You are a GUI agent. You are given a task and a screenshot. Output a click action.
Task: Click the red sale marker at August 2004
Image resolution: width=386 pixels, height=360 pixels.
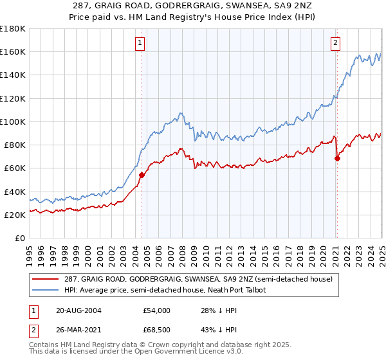142,175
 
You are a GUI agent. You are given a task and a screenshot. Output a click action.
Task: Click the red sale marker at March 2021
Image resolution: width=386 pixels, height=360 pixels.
337,158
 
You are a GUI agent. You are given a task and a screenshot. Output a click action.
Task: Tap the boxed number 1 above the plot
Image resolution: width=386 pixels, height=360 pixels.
140,44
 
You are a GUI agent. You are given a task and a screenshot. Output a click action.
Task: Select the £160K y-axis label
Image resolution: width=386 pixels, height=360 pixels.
13,51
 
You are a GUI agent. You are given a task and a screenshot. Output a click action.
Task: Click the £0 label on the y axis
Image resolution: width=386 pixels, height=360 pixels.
20,239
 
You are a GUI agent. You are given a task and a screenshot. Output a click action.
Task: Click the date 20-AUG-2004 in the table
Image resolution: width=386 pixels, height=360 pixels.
79,310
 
